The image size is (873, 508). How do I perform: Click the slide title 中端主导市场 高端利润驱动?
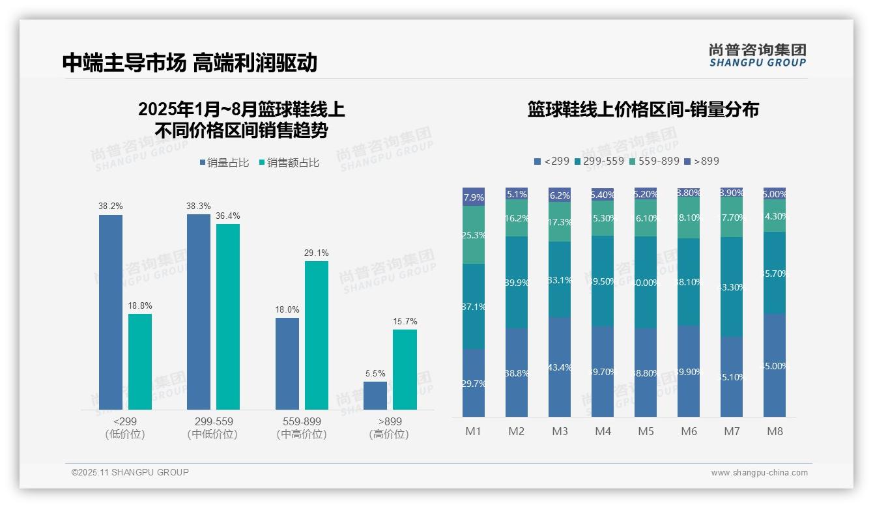point(190,63)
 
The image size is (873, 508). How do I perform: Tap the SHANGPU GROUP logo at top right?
point(757,55)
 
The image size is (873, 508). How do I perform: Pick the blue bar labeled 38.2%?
point(111,313)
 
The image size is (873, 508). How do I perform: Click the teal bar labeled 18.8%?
point(140,362)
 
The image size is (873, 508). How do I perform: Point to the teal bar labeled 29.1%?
point(317,335)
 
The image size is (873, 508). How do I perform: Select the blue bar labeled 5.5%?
point(375,396)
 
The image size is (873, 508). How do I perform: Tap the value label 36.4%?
point(228,216)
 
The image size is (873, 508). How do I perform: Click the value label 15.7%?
point(405,321)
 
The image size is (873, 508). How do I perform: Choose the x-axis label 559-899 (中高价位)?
point(302,428)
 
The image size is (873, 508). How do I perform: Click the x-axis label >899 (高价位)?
point(389,428)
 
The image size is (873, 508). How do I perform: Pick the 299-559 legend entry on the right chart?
point(599,161)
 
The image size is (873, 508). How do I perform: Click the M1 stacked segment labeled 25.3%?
point(474,235)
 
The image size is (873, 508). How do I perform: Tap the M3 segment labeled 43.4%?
point(560,367)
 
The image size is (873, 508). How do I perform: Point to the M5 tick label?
point(646,431)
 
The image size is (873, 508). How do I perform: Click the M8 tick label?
point(775,431)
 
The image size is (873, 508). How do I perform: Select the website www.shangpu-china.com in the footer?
point(759,473)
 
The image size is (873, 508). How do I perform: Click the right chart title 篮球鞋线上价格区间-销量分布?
point(643,109)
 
